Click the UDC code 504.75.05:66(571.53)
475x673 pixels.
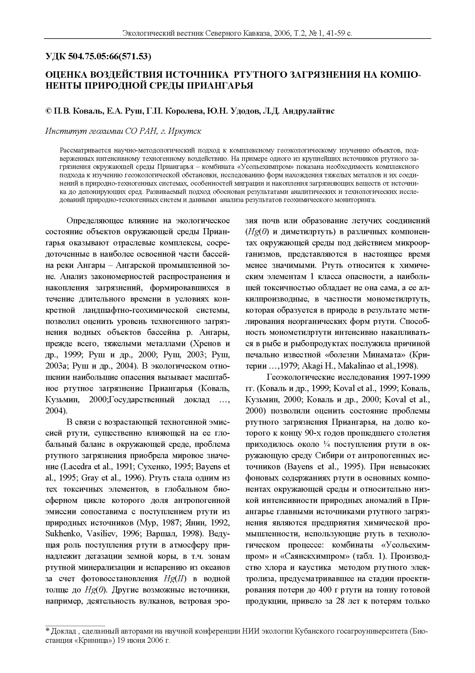pos(110,56)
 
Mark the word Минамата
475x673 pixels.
pos(385,355)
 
